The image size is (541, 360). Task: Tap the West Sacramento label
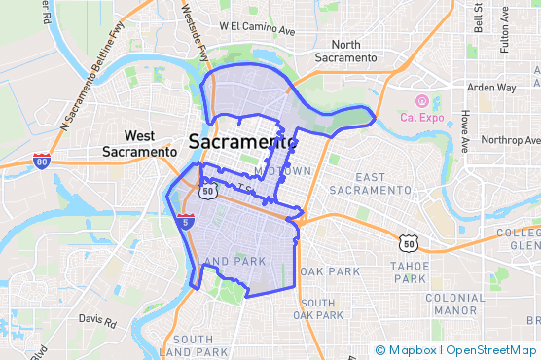(140, 144)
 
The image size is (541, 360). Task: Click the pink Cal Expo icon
(421, 101)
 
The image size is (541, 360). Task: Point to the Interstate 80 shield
(41, 162)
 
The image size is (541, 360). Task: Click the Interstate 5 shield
(184, 222)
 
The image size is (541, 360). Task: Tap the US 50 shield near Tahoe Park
(409, 241)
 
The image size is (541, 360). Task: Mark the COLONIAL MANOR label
(454, 304)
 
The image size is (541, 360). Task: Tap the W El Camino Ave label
(256, 29)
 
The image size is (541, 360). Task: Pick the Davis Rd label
(96, 318)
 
